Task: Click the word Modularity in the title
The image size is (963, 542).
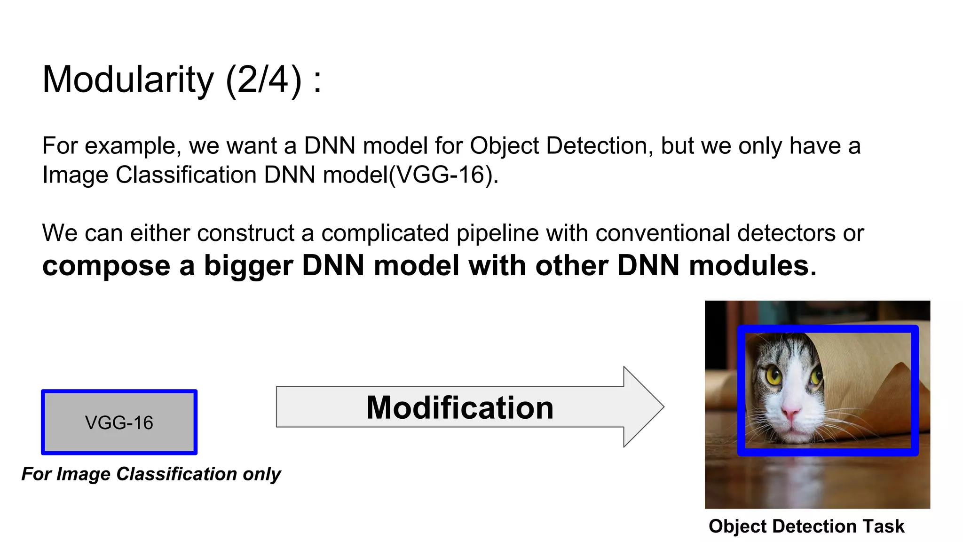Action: click(128, 80)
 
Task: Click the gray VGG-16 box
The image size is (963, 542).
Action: click(119, 422)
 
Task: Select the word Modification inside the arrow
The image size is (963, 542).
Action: click(459, 407)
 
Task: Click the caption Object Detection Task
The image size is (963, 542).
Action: click(806, 526)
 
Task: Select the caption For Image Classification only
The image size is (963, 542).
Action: click(151, 474)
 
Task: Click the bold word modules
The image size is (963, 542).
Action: click(752, 266)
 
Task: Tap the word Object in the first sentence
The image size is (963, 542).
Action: click(504, 146)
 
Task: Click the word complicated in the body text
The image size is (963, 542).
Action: click(385, 233)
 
